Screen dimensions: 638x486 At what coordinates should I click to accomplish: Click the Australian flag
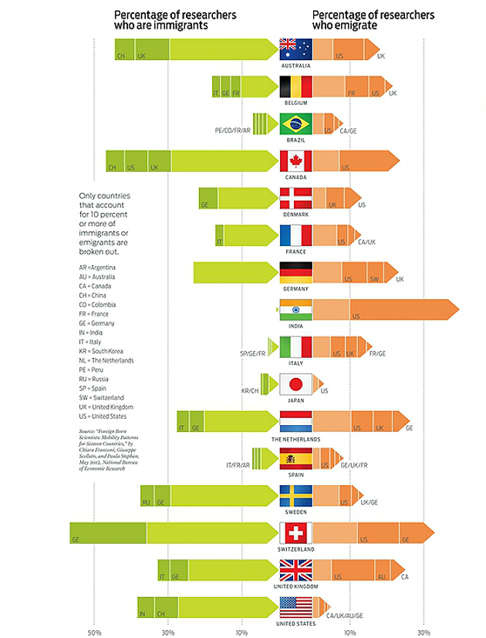tap(295, 49)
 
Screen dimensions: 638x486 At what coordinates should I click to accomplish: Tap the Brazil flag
tap(295, 123)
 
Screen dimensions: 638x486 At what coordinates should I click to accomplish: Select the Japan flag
tap(295, 383)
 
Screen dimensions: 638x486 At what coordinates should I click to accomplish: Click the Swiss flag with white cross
tap(295, 532)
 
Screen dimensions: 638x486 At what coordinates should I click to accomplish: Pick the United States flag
tap(295, 606)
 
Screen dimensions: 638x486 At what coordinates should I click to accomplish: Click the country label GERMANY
tap(295, 289)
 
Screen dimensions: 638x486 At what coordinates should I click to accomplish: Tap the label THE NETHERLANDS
tap(295, 438)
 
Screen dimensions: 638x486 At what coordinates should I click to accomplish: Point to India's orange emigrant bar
tap(386, 310)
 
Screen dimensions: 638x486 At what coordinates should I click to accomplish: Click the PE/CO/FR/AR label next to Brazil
tap(233, 130)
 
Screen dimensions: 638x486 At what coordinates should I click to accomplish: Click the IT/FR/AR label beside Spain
tap(239, 465)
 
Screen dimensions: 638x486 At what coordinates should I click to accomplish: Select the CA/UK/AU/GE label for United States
tap(344, 615)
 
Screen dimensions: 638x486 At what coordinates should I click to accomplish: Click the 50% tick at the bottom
tap(94, 632)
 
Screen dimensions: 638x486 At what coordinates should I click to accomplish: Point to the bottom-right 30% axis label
tap(423, 632)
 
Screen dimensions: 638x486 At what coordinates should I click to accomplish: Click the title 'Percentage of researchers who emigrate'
tap(373, 20)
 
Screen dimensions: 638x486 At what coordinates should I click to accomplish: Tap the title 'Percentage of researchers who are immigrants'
tap(174, 20)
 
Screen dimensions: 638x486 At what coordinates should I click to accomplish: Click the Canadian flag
tap(295, 160)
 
